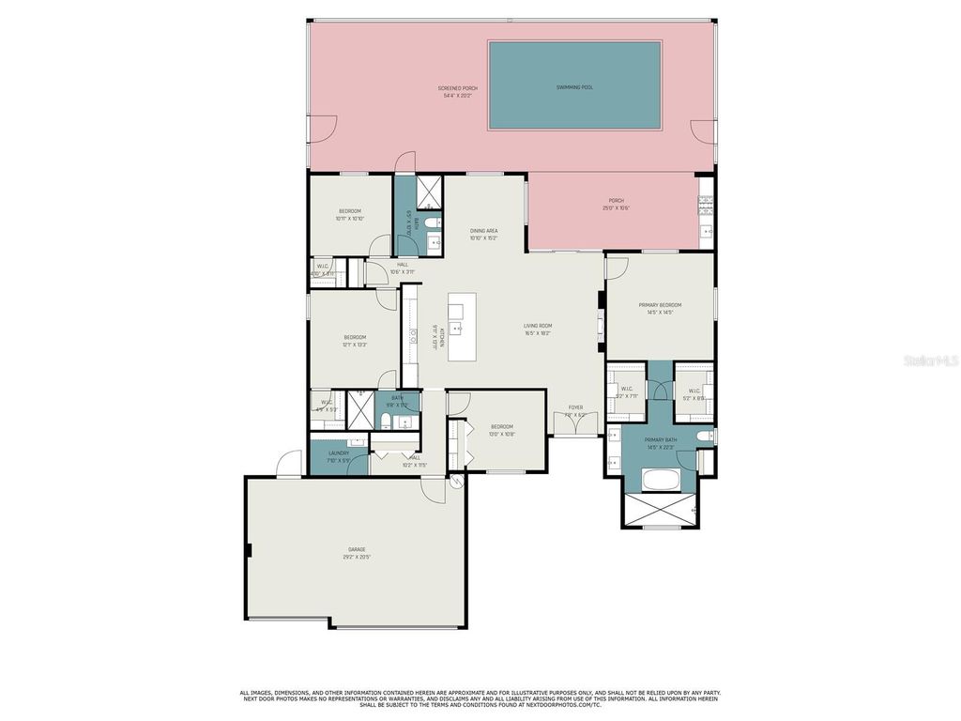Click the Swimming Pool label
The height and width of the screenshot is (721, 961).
[x=574, y=87]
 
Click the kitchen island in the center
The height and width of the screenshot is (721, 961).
[x=462, y=327]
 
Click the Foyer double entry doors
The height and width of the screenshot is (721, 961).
[x=574, y=424]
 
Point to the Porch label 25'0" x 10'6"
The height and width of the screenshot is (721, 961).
[x=616, y=204]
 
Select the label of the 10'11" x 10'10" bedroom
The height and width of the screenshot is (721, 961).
[x=349, y=214]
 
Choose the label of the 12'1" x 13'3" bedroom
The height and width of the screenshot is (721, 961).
[x=355, y=341]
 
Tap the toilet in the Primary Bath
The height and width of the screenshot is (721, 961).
[x=705, y=436]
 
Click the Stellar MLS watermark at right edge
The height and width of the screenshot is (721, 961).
[x=931, y=360]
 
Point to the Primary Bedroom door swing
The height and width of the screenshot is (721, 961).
[x=617, y=267]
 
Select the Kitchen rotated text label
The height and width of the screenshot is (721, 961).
[x=435, y=337]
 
